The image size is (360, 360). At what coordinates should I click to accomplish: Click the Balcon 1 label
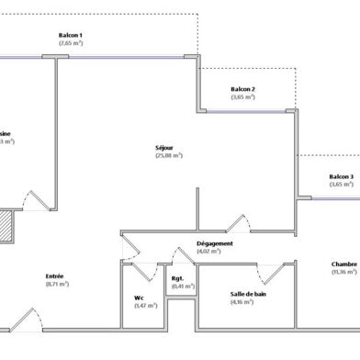tap(71, 35)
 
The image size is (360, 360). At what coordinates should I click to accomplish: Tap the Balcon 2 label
tap(243, 89)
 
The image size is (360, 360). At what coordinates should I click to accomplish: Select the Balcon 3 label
tap(341, 177)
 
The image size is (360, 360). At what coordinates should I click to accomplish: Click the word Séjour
tap(165, 148)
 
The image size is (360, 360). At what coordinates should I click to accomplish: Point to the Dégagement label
tap(215, 243)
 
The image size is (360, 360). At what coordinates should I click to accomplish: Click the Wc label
tap(140, 297)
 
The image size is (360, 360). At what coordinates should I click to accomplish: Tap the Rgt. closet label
tap(177, 278)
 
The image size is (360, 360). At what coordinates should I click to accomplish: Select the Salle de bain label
tap(248, 294)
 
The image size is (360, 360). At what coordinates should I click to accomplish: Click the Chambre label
tap(344, 264)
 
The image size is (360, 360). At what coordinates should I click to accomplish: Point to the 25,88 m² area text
tap(169, 155)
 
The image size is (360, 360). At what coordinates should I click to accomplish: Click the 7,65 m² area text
tap(71, 42)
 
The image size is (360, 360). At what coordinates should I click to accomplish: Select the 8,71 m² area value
tap(57, 284)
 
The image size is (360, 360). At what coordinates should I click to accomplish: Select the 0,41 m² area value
tap(177, 286)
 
